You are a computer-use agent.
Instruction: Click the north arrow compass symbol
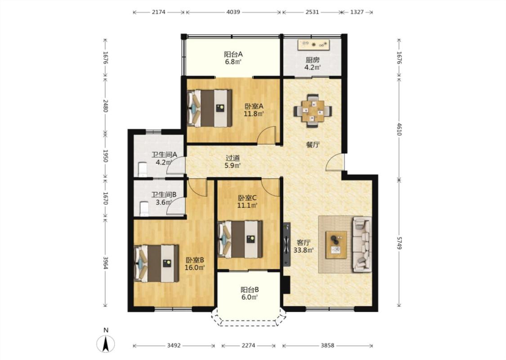tap(106, 344)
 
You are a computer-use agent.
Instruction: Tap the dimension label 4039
tap(233, 12)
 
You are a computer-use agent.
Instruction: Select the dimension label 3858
tap(327, 346)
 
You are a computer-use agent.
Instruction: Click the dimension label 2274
tap(248, 346)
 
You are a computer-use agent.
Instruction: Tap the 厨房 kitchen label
tap(313, 60)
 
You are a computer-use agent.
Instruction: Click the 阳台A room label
tap(233, 54)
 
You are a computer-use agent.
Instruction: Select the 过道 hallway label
tap(233, 158)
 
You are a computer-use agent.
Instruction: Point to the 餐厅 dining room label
tap(313, 144)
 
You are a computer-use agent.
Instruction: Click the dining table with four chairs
tap(313, 111)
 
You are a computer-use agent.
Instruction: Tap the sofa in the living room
tap(363, 244)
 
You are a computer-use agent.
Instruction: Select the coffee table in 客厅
tap(336, 245)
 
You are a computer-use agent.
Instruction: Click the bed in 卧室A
tap(210, 108)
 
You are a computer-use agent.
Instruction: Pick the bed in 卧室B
tap(157, 263)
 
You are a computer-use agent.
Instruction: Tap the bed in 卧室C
tap(241, 239)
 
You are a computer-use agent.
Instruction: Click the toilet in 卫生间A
tap(142, 170)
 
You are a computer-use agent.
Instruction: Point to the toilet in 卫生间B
tap(144, 209)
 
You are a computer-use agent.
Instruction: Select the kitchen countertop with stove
tap(313, 45)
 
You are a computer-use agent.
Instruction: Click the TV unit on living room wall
tap(287, 244)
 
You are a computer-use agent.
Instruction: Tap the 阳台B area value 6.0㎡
tap(250, 297)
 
